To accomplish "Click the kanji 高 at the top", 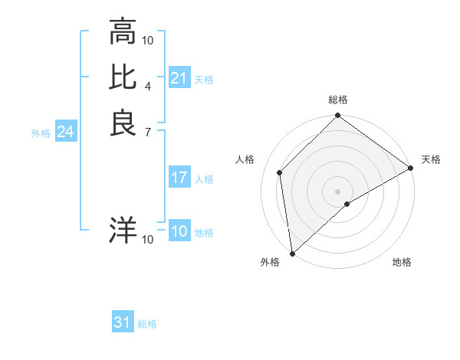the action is [x=123, y=32].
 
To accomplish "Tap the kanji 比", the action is [x=123, y=77].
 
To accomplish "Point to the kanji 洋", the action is [x=123, y=230].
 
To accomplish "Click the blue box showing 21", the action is [x=179, y=78].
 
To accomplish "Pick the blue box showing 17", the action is [x=179, y=178].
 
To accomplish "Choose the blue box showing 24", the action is [x=66, y=132].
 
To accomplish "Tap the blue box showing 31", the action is [x=123, y=322].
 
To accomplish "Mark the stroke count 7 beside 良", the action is [x=147, y=132].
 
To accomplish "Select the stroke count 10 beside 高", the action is [x=148, y=40].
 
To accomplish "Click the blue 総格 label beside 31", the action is [x=147, y=324].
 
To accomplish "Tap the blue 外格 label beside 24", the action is [x=41, y=133].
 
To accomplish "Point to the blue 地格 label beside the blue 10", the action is [x=204, y=233].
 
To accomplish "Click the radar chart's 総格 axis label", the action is [x=338, y=100].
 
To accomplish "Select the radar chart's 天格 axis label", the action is [x=431, y=159].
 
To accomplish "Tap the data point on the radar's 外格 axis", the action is [x=292, y=254].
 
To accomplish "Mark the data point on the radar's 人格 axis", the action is [x=280, y=172].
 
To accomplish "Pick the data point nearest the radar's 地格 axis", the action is [x=347, y=204].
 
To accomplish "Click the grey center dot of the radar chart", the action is [x=338, y=191].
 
